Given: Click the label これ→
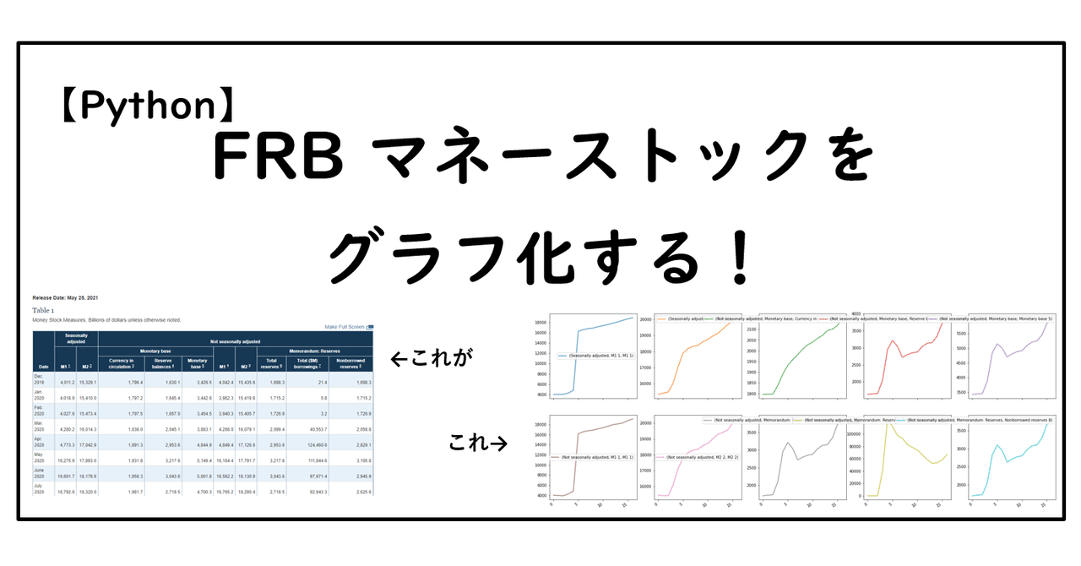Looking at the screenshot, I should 478,441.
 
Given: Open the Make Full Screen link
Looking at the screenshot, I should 345,327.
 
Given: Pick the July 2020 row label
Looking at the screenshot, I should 41,487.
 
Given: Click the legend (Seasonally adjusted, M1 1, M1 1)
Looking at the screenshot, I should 595,356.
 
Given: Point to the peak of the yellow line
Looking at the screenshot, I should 886,422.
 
